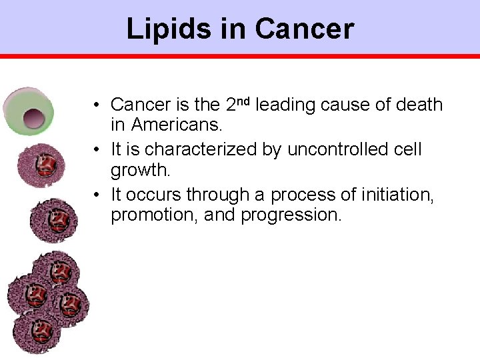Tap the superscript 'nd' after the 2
coord(244,101)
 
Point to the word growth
coord(141,170)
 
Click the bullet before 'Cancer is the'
coord(97,105)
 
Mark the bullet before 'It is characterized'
coord(97,150)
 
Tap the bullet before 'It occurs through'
coord(97,195)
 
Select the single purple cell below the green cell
coord(41,163)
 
